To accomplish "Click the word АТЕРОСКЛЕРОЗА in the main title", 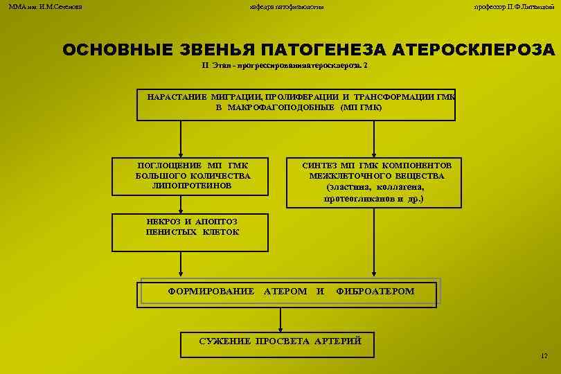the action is [473, 51].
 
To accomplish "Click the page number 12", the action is [544, 356].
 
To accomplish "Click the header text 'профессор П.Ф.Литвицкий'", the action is [513, 6].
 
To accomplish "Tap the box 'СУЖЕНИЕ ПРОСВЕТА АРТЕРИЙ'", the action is [280, 341].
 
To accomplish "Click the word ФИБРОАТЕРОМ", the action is [375, 292].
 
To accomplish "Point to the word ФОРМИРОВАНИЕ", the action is [211, 292].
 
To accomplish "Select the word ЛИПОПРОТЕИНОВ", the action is [193, 186].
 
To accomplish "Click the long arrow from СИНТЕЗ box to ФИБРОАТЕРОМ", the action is [374, 242].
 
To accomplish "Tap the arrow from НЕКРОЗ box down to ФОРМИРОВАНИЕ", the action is [181, 265].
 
